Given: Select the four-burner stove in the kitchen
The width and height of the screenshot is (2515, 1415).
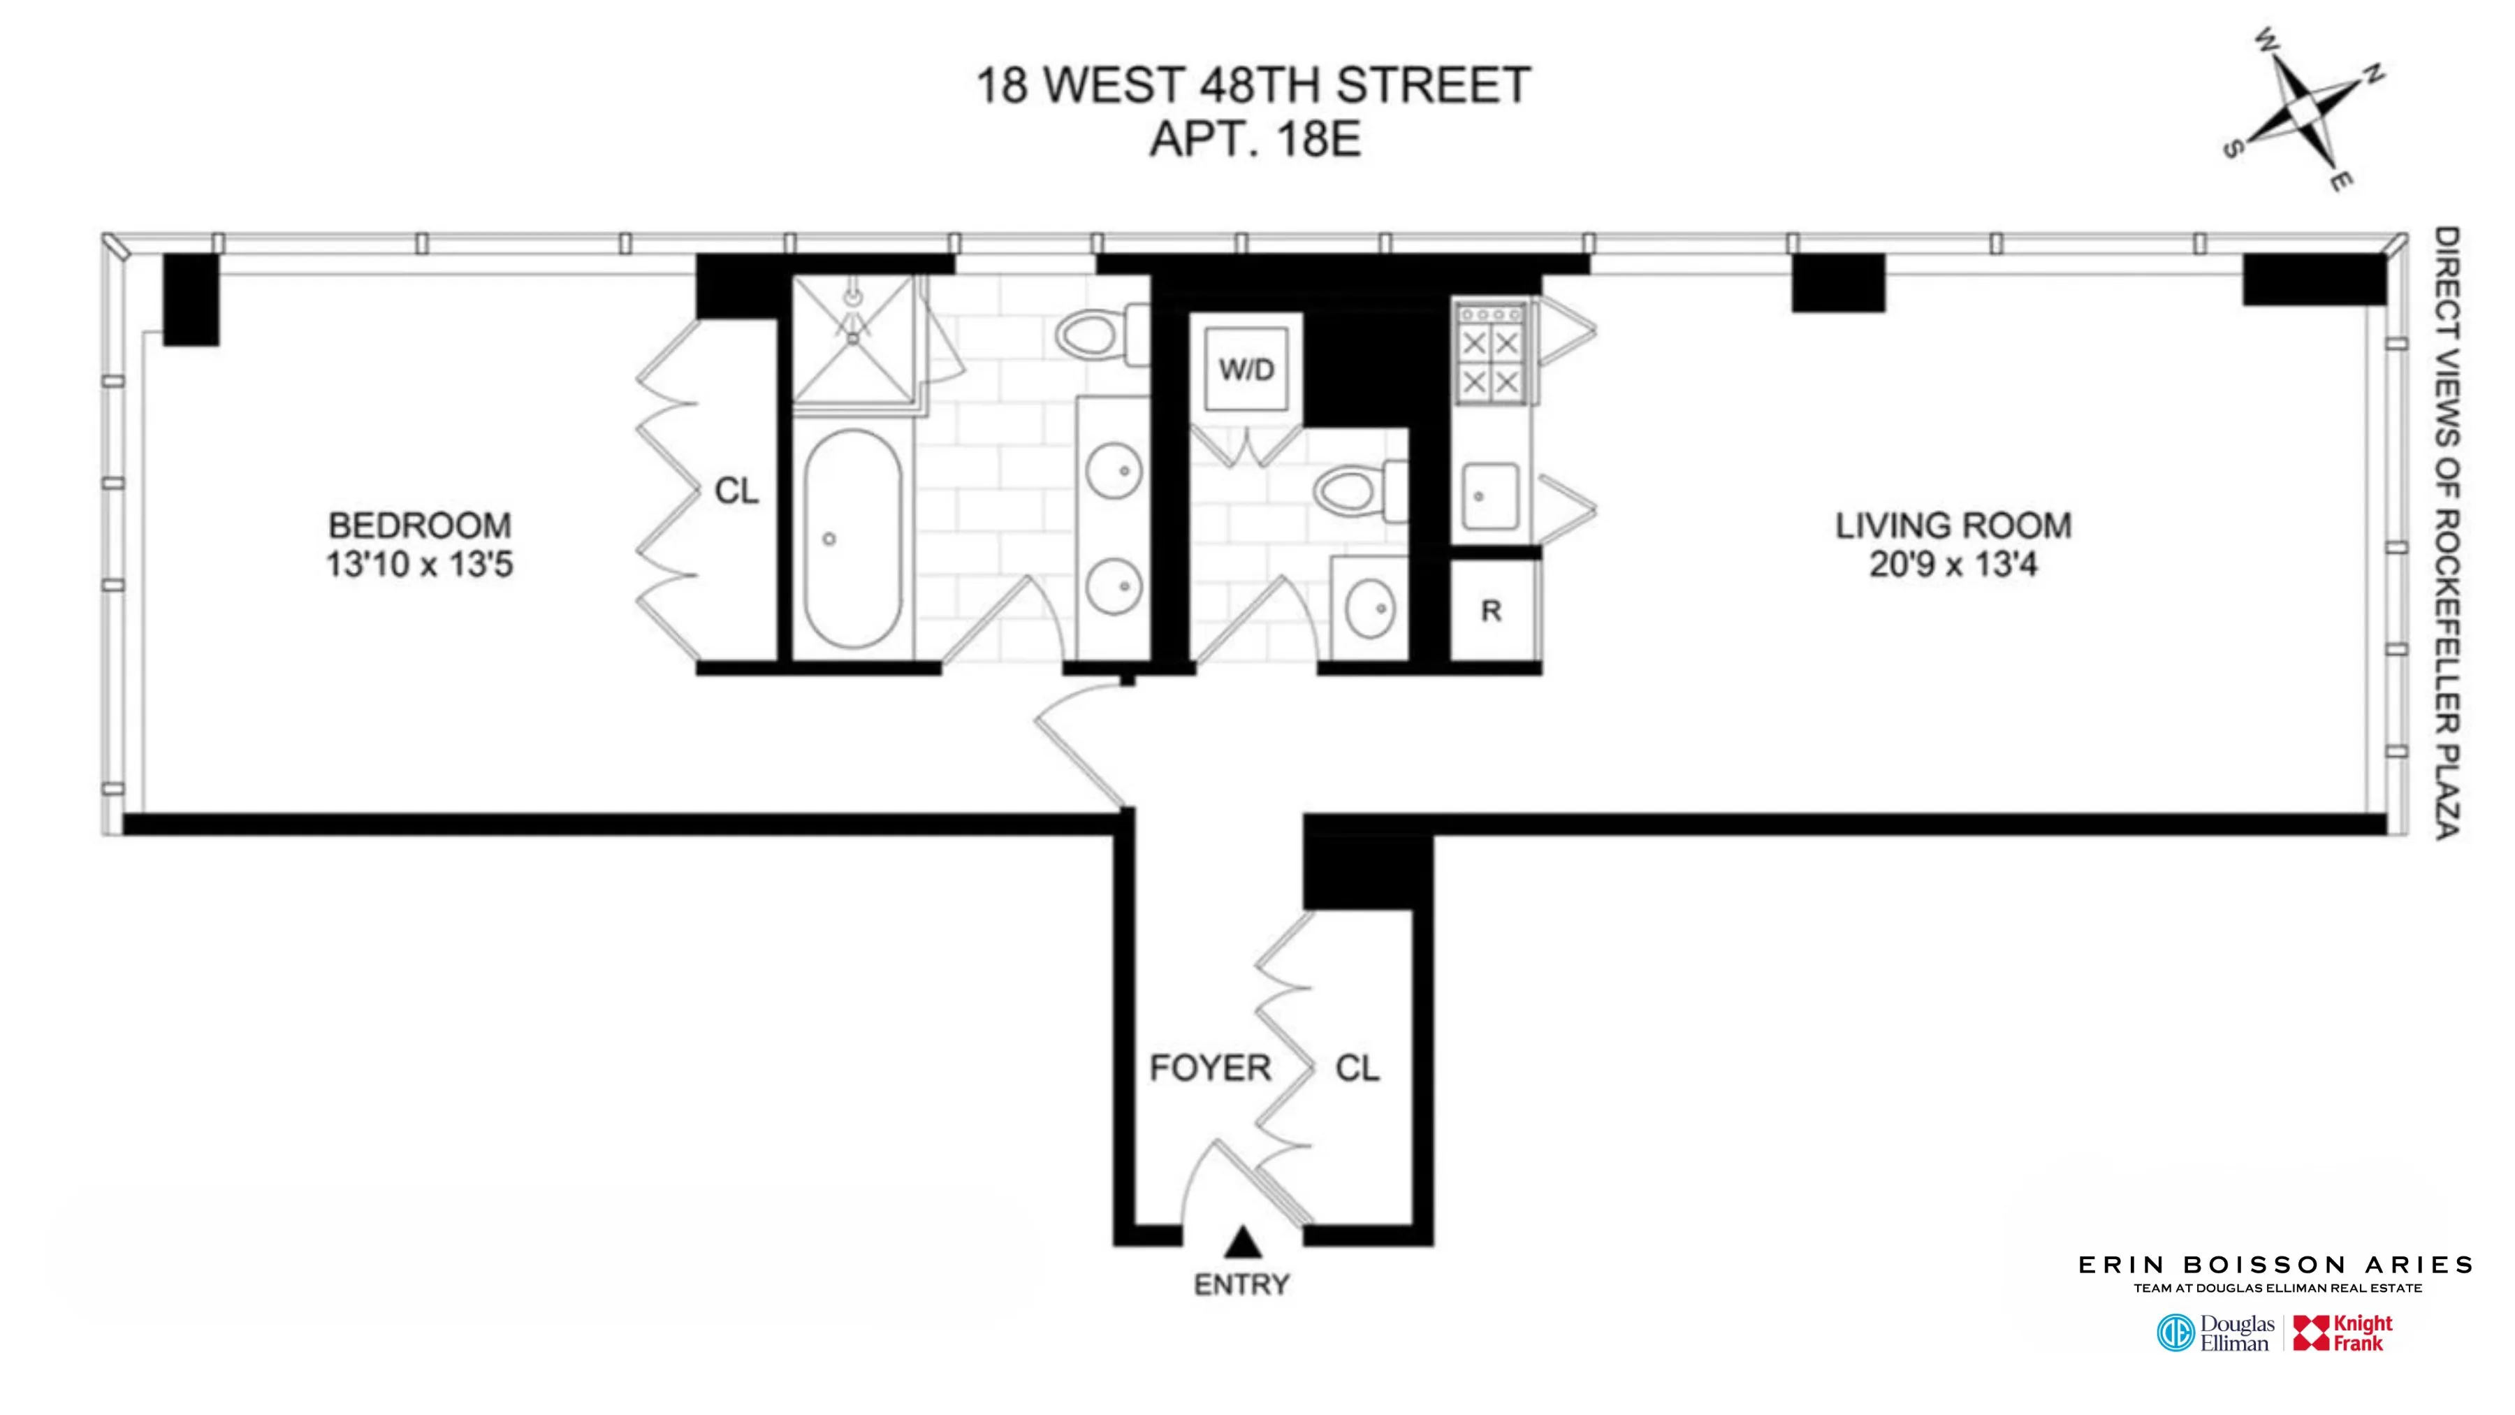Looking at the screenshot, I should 1491,354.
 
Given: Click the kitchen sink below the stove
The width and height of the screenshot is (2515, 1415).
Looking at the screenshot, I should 1489,496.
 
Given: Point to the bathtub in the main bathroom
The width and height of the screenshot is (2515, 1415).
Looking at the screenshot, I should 852,538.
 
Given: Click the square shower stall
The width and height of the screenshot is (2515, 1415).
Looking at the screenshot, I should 853,338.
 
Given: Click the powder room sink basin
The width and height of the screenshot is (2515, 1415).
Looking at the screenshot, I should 1370,607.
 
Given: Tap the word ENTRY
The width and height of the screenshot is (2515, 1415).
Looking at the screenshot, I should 1242,1284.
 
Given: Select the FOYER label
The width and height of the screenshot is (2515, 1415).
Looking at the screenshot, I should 1210,1068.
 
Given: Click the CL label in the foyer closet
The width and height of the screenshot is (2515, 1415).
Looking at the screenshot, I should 1357,1068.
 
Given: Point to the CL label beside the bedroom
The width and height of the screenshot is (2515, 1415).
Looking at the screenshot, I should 736,491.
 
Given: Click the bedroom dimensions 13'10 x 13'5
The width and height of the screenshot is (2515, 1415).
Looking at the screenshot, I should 419,565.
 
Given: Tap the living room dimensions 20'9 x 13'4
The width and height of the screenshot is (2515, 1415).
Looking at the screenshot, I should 1953,565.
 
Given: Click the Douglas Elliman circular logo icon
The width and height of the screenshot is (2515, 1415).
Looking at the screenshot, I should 2175,1333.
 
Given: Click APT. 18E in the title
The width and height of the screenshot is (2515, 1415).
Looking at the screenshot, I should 1255,138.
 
